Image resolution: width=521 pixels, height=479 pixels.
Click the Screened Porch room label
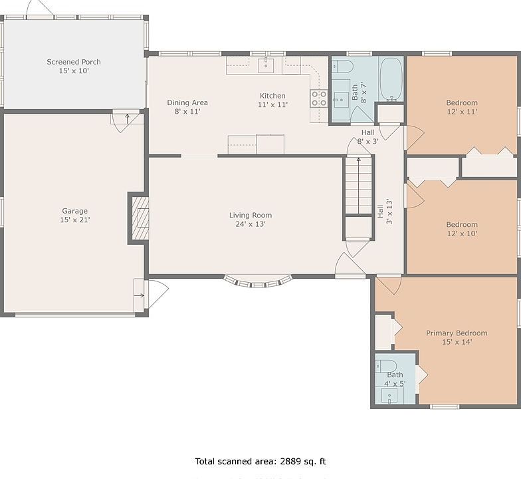pos(74,67)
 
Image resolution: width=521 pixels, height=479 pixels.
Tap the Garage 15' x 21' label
pos(74,216)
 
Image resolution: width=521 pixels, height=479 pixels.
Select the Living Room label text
pos(251,220)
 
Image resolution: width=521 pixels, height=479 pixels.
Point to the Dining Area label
pos(187,106)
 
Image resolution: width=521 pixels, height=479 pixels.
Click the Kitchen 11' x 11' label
pos(272,100)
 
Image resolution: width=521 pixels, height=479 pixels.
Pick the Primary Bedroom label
pos(457,337)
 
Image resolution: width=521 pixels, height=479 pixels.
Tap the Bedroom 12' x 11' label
pos(462,107)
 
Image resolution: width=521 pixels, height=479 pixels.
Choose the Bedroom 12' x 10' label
pos(462,229)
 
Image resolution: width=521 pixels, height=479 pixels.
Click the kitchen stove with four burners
pos(319,98)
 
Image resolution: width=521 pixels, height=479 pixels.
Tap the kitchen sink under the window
pos(266,65)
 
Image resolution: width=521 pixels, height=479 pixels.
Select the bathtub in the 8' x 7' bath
pos(391,79)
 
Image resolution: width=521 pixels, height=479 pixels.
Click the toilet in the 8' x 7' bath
pos(342,67)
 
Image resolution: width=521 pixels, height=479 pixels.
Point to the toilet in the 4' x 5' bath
pos(387,366)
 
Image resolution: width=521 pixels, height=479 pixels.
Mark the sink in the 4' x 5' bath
pos(389,397)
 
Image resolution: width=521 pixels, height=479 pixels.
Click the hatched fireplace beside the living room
pos(140,218)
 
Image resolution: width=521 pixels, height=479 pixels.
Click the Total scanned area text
pos(260,462)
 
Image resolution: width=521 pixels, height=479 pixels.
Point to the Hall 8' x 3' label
pos(368,137)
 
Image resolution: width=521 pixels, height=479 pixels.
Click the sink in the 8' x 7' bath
pos(341,99)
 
